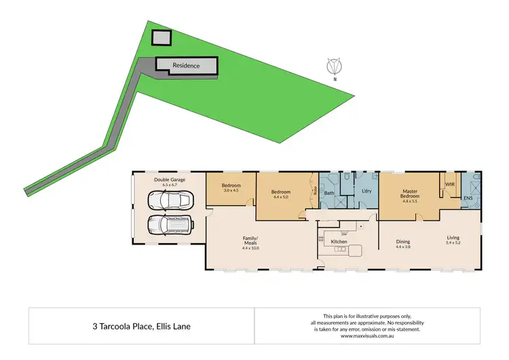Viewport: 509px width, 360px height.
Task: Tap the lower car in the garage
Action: click(169, 223)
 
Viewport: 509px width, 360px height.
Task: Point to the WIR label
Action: click(449, 184)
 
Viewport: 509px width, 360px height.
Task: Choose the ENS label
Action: click(468, 198)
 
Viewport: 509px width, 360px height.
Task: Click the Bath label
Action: click(330, 193)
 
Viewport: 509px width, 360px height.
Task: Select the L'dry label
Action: click(366, 192)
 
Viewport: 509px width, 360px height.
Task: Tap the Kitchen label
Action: click(339, 242)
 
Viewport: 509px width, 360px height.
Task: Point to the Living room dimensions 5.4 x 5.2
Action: click(453, 242)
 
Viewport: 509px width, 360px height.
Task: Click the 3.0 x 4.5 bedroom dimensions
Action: click(231, 190)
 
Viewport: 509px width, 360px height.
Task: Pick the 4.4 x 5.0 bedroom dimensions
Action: click(281, 197)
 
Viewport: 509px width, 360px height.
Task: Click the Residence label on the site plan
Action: click(186, 65)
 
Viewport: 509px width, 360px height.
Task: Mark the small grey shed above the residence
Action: click(161, 38)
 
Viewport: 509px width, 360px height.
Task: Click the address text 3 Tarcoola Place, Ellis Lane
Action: click(142, 326)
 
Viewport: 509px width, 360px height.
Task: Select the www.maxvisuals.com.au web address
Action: click(366, 336)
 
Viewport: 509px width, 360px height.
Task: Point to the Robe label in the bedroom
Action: click(315, 192)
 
